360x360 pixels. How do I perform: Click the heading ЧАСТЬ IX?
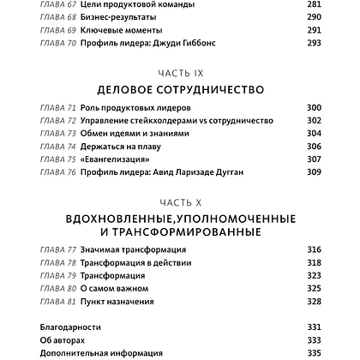(x=179, y=73)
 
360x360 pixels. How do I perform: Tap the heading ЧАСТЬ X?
(x=179, y=201)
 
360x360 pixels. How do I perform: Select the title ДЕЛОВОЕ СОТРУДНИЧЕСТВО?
(x=179, y=89)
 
